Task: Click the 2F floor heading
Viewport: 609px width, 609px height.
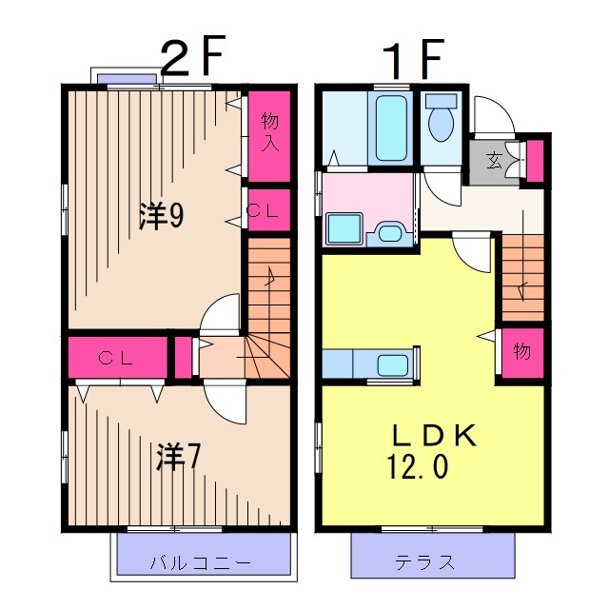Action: (192, 55)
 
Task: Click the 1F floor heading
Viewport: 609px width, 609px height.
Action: (412, 59)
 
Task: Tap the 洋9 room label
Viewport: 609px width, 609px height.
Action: (162, 216)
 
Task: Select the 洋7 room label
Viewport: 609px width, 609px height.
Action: (178, 457)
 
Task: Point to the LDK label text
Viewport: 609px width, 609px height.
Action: (434, 435)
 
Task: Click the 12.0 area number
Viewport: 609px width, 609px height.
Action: (418, 467)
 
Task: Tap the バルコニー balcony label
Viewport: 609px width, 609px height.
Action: (201, 562)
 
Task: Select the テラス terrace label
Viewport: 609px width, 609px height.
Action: (424, 562)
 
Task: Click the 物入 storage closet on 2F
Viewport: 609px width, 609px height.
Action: (269, 136)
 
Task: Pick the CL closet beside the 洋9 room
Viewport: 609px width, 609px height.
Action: (269, 210)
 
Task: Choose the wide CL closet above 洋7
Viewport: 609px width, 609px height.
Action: (118, 358)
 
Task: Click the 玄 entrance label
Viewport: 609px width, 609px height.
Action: (494, 160)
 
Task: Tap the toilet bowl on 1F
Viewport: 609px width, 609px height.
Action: (442, 122)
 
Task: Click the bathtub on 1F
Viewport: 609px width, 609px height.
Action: (391, 128)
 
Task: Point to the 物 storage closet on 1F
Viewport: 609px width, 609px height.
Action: (522, 353)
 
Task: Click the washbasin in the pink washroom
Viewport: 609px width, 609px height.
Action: (389, 233)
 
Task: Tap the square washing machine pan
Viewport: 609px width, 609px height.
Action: (344, 228)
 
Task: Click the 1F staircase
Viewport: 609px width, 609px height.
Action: (522, 277)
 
